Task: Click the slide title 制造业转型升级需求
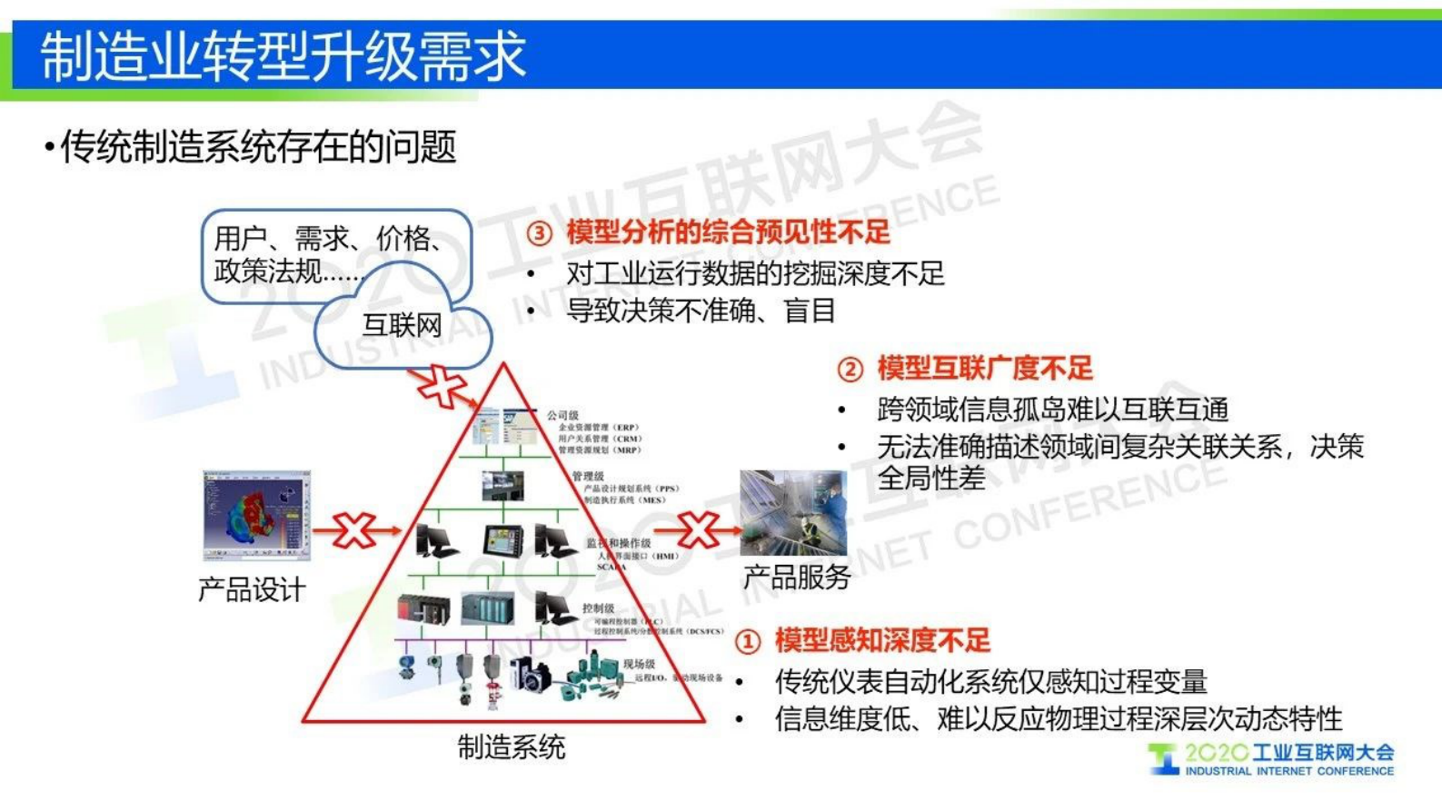click(x=283, y=55)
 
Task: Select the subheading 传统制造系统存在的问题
click(x=257, y=147)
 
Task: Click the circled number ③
click(x=540, y=233)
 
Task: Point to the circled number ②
click(x=850, y=370)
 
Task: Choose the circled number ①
click(x=747, y=642)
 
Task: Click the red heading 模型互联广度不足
click(x=985, y=369)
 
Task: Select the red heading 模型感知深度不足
click(x=882, y=641)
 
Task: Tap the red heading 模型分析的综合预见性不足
click(x=728, y=232)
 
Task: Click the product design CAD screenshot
click(x=256, y=514)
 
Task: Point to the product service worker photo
click(x=793, y=512)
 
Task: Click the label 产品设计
click(x=252, y=590)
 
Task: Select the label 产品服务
click(x=797, y=577)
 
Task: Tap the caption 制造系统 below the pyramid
click(x=511, y=747)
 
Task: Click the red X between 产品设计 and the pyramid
click(x=354, y=530)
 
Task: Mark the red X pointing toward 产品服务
click(x=698, y=529)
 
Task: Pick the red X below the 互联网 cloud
click(x=442, y=386)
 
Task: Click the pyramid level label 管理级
click(x=588, y=476)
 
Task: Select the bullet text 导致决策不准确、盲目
click(x=701, y=311)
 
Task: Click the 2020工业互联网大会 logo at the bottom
click(x=1272, y=759)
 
